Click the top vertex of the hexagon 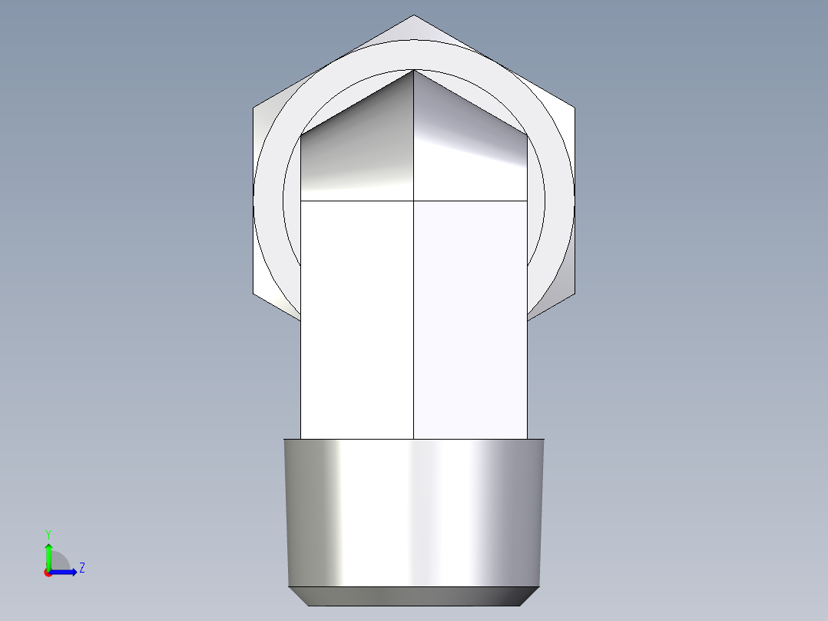pyautogui.click(x=414, y=15)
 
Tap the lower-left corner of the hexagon pyautogui.click(x=254, y=293)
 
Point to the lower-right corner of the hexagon pyautogui.click(x=574, y=293)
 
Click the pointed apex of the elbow pyautogui.click(x=414, y=71)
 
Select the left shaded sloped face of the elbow pyautogui.click(x=357, y=154)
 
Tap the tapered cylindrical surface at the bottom pyautogui.click(x=415, y=511)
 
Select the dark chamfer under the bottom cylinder pyautogui.click(x=415, y=596)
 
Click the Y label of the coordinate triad pyautogui.click(x=48, y=533)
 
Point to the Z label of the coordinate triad pyautogui.click(x=81, y=568)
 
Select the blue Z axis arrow pyautogui.click(x=66, y=571)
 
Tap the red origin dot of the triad pyautogui.click(x=48, y=573)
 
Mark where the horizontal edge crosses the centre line pyautogui.click(x=414, y=201)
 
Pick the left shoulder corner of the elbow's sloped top pyautogui.click(x=301, y=136)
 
